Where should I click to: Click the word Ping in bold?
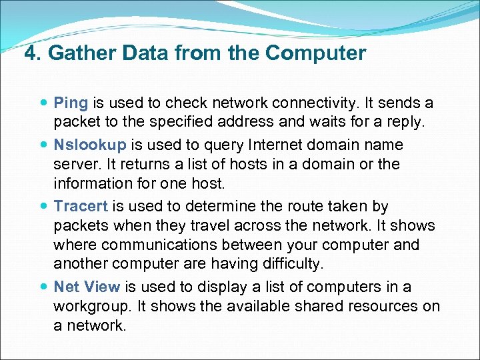[71, 103]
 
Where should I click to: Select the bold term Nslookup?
[86, 145]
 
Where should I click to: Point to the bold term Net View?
[87, 287]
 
